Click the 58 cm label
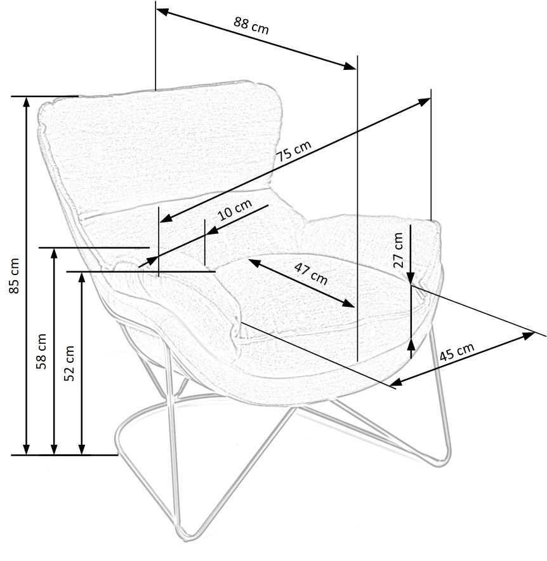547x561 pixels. point(42,351)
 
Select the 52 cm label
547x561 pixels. point(69,363)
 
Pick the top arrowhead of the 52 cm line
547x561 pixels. point(82,276)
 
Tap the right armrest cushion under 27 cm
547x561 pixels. point(368,238)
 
